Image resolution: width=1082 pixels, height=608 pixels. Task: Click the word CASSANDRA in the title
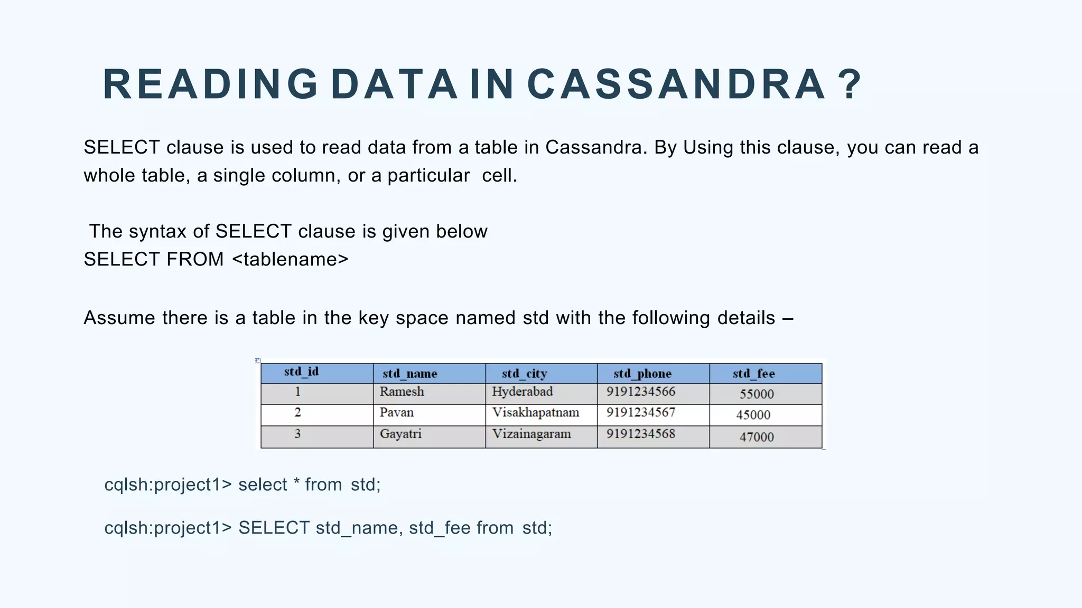click(676, 84)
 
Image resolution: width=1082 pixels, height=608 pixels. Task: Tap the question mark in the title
click(850, 84)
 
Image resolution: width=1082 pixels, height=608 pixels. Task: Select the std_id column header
click(301, 372)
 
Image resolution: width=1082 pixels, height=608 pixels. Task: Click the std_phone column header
click(642, 374)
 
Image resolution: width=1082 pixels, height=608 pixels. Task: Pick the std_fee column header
click(753, 374)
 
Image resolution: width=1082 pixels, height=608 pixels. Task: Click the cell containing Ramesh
click(402, 392)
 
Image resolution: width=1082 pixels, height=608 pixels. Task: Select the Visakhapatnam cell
click(535, 413)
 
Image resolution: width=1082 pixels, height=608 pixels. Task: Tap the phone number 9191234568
click(640, 434)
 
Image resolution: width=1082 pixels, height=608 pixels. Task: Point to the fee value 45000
click(753, 415)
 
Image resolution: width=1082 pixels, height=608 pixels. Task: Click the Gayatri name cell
click(400, 434)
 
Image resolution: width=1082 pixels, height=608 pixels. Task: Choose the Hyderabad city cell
click(522, 392)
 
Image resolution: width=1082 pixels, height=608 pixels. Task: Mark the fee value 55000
click(757, 394)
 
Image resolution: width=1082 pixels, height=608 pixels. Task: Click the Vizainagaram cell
click(531, 434)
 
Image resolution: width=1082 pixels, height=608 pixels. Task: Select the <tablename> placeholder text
click(290, 259)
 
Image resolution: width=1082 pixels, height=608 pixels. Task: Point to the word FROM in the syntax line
click(195, 259)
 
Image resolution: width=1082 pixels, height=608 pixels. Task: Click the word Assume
click(119, 318)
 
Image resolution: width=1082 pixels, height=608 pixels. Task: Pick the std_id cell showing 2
click(297, 412)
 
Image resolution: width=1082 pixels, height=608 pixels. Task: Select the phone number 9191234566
click(640, 392)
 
